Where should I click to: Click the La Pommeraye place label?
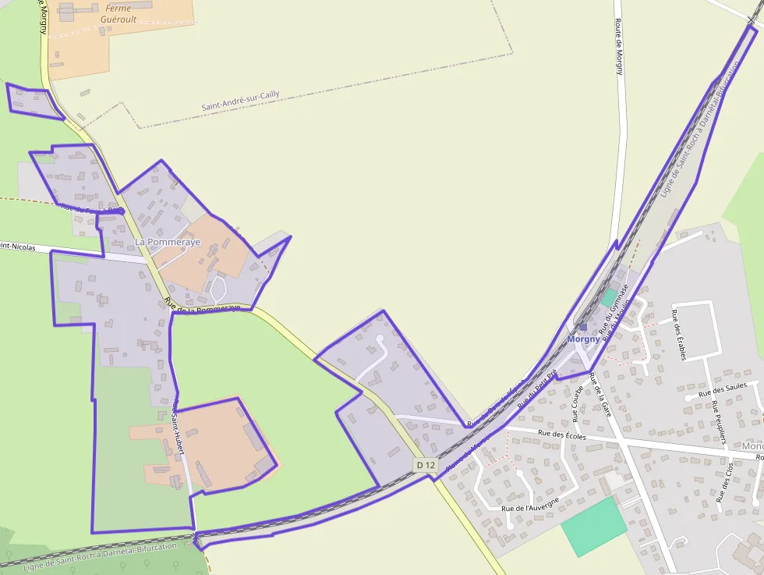(168, 243)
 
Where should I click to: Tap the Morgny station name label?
(584, 339)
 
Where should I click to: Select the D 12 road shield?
(426, 465)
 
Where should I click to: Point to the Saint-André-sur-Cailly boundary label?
(240, 101)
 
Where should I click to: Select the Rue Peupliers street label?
(719, 422)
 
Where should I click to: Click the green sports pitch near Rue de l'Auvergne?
(594, 527)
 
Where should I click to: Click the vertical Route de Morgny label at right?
(619, 47)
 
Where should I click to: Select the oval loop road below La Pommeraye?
(218, 292)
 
